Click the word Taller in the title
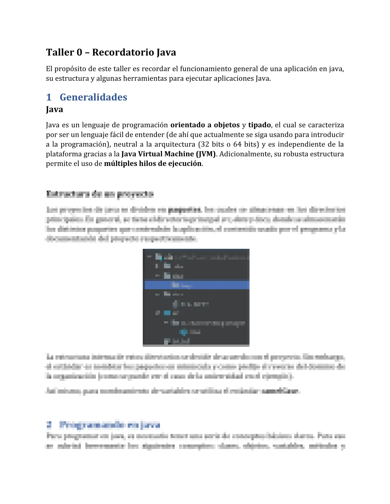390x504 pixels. (60, 52)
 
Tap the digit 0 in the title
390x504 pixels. (79, 52)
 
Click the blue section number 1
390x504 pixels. (49, 97)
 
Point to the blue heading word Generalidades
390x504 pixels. (93, 97)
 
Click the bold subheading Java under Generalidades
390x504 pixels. (54, 109)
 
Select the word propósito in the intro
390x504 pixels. (70, 69)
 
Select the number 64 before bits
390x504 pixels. (238, 144)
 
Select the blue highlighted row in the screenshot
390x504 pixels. (196, 285)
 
